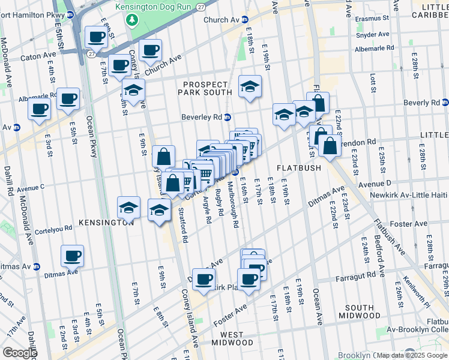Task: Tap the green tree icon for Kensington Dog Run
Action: (132, 20)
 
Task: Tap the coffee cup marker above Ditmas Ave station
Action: (72, 256)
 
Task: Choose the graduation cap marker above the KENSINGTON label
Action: (128, 208)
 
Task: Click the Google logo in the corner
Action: (19, 353)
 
